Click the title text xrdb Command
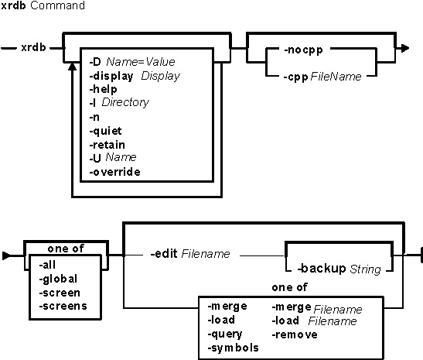(43, 5)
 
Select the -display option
(111, 77)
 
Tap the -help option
(104, 89)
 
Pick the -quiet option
(105, 132)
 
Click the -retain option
(107, 145)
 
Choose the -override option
(114, 172)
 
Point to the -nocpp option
(303, 50)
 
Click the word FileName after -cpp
(336, 77)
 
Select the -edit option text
(164, 254)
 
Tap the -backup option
(322, 269)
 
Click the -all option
(47, 265)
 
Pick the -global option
(58, 279)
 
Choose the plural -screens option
(63, 307)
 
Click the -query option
(225, 334)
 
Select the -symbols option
(233, 348)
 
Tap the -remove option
(295, 335)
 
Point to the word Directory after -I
(125, 102)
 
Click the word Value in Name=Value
(160, 62)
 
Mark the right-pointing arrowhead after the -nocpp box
(404, 49)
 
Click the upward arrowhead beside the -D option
(72, 67)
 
